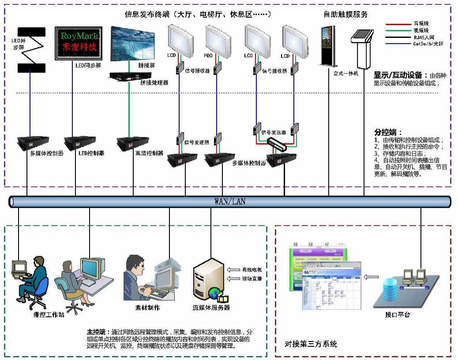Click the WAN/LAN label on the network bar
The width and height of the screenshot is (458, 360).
pos(229,202)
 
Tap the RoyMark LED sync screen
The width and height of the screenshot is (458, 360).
pos(78,43)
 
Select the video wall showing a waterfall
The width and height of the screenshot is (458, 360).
pos(132,43)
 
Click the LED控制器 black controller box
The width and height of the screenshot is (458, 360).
pos(80,142)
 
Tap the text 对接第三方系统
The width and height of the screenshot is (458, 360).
pos(311,343)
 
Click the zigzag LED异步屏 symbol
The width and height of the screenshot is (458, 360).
pos(30,50)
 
